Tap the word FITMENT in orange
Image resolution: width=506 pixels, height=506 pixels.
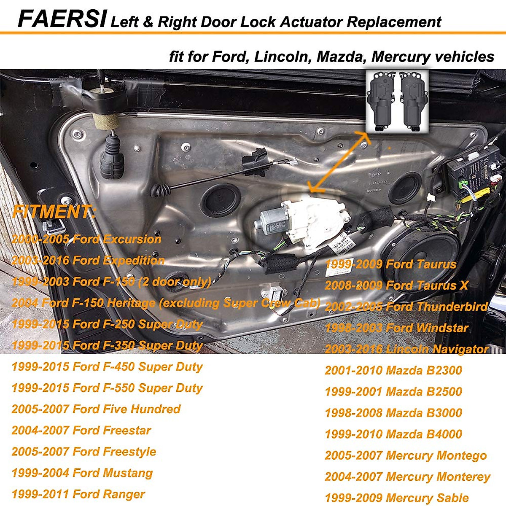(54, 212)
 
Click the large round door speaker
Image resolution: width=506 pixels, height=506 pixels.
(426, 257)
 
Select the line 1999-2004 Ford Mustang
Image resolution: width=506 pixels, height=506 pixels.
(82, 473)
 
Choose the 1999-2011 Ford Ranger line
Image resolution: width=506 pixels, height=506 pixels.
(78, 494)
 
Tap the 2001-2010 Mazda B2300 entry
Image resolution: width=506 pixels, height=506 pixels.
(393, 371)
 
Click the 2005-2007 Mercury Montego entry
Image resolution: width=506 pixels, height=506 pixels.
(405, 456)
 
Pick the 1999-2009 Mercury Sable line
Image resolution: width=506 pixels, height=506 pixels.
(396, 498)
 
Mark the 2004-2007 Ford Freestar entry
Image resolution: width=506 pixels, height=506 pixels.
(81, 431)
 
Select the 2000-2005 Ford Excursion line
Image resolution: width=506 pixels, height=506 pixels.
(86, 240)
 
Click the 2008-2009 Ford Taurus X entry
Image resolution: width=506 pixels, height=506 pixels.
(396, 286)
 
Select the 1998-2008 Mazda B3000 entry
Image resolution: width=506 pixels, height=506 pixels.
(393, 413)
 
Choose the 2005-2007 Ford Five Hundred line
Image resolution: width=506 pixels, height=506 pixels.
(96, 409)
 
